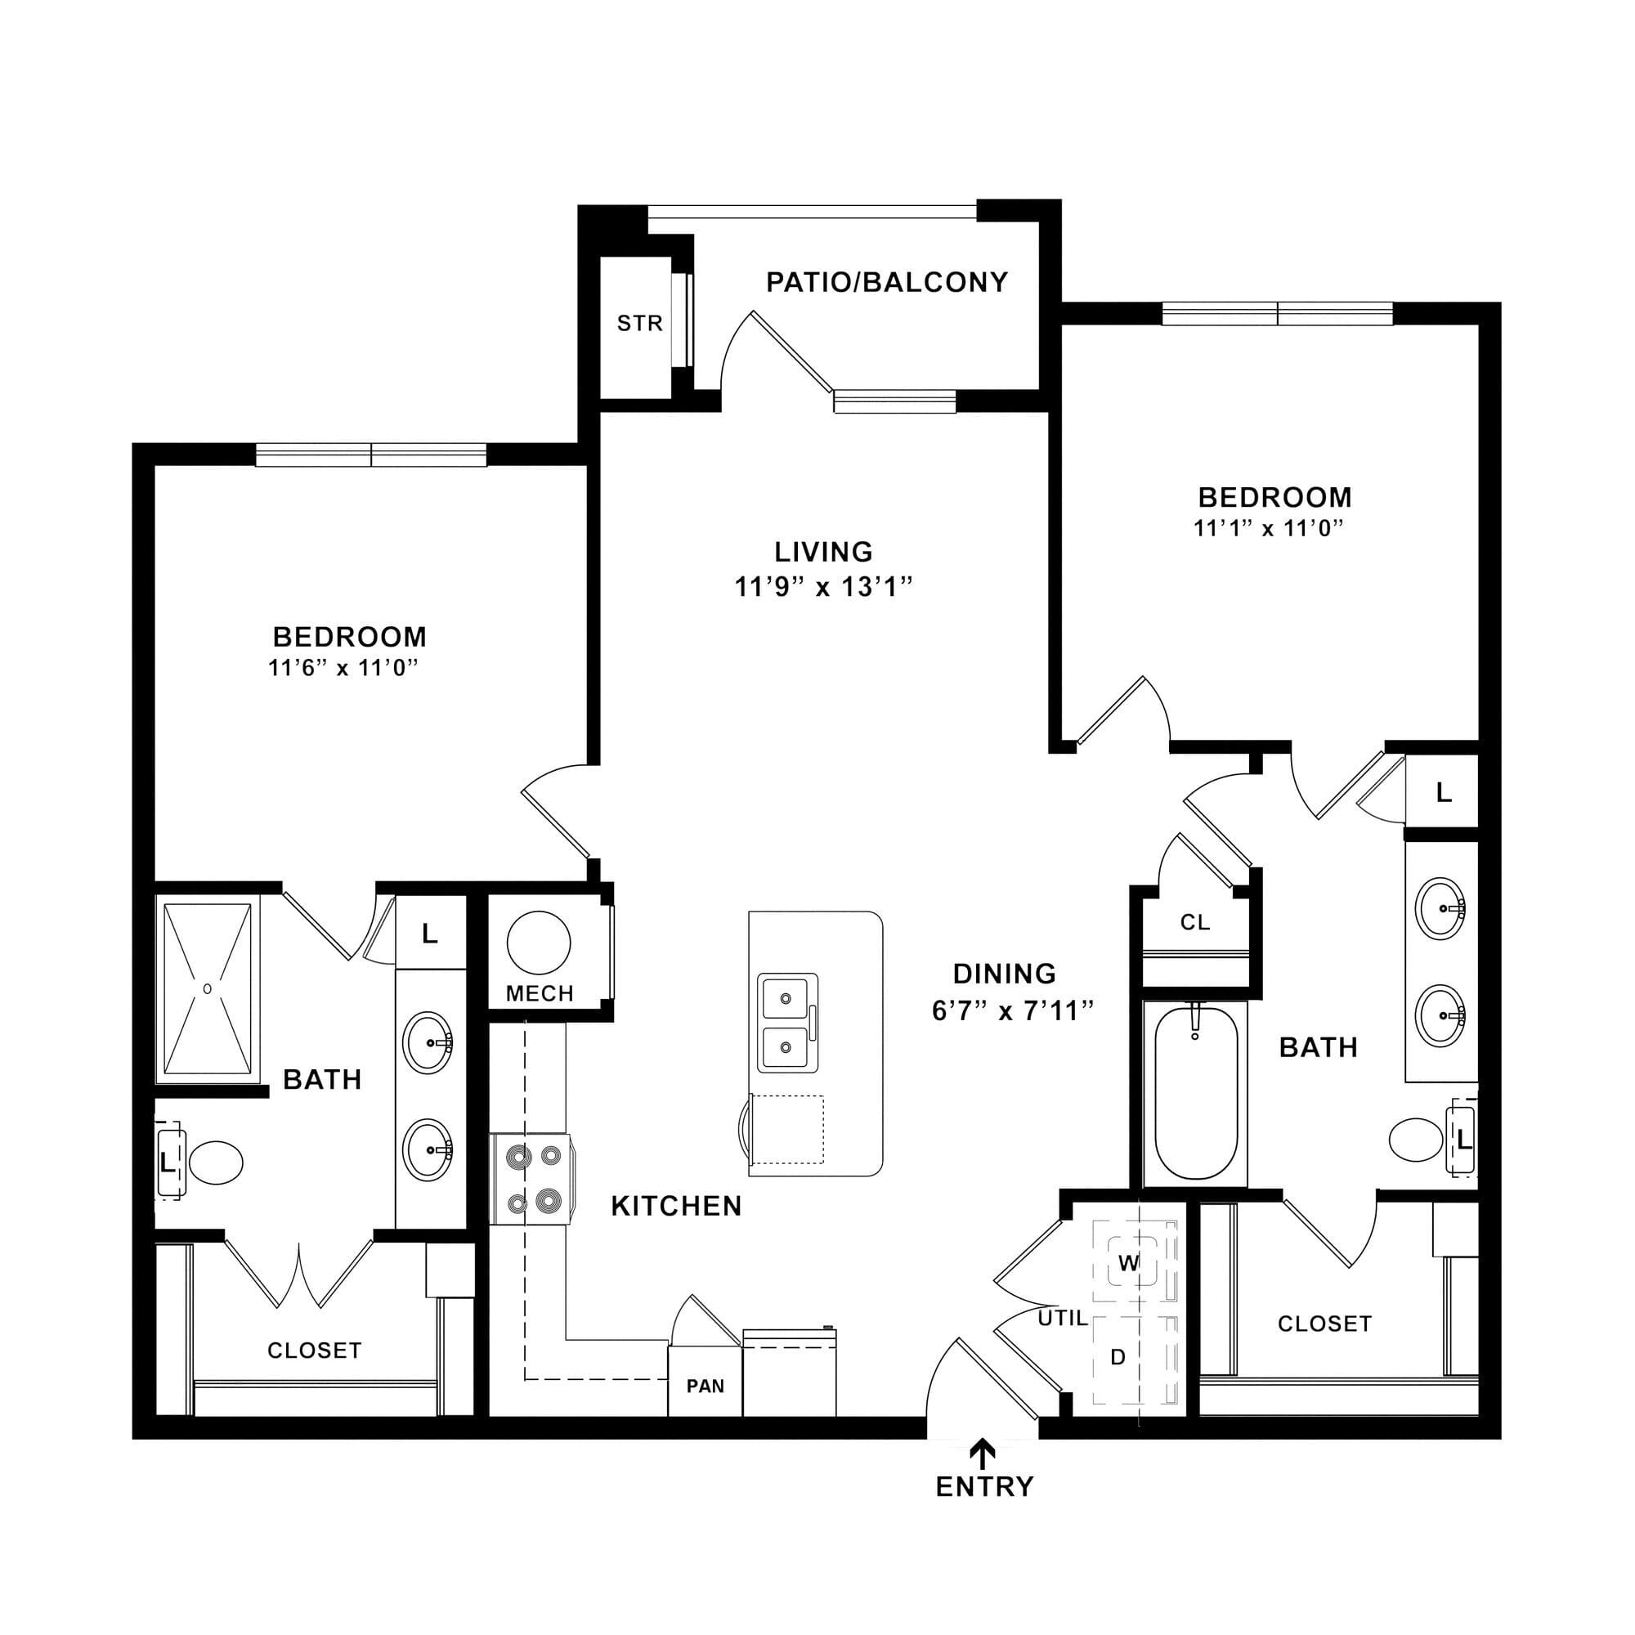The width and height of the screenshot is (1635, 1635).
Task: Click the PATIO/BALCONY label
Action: click(887, 282)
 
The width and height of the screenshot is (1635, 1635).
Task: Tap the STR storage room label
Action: click(640, 323)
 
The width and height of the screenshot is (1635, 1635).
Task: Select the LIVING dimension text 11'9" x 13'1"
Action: click(823, 586)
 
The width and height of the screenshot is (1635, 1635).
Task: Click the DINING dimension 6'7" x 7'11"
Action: click(1013, 1010)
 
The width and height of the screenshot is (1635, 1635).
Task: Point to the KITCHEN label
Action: click(676, 1206)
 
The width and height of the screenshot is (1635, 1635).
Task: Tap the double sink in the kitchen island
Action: click(787, 1024)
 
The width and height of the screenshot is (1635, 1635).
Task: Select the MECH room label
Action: click(540, 993)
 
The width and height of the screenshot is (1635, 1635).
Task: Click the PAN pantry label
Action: click(705, 1386)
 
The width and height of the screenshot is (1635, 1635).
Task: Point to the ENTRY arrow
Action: click(982, 1453)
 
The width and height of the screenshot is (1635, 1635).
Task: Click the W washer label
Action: click(1129, 1264)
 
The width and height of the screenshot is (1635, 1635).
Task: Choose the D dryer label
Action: click(1118, 1357)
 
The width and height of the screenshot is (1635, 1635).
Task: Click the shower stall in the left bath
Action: click(208, 989)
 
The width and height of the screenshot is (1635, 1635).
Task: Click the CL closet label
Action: click(1195, 922)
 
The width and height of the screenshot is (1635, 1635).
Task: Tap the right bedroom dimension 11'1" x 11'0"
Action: click(1269, 528)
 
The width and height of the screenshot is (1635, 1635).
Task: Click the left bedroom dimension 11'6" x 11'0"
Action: click(343, 668)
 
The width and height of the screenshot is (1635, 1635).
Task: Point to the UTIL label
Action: click(1063, 1318)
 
